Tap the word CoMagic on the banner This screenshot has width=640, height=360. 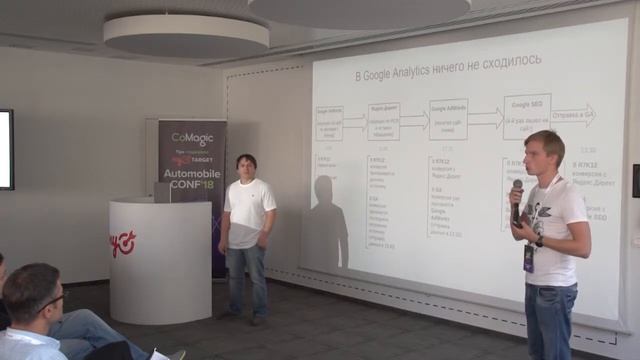tap(192, 139)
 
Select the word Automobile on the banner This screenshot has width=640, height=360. tap(192, 172)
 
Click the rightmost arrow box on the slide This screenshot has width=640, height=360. tap(573, 115)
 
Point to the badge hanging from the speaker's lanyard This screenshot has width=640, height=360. tap(528, 257)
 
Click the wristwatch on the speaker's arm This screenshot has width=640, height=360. tap(539, 241)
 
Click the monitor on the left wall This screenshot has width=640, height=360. tap(6, 149)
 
